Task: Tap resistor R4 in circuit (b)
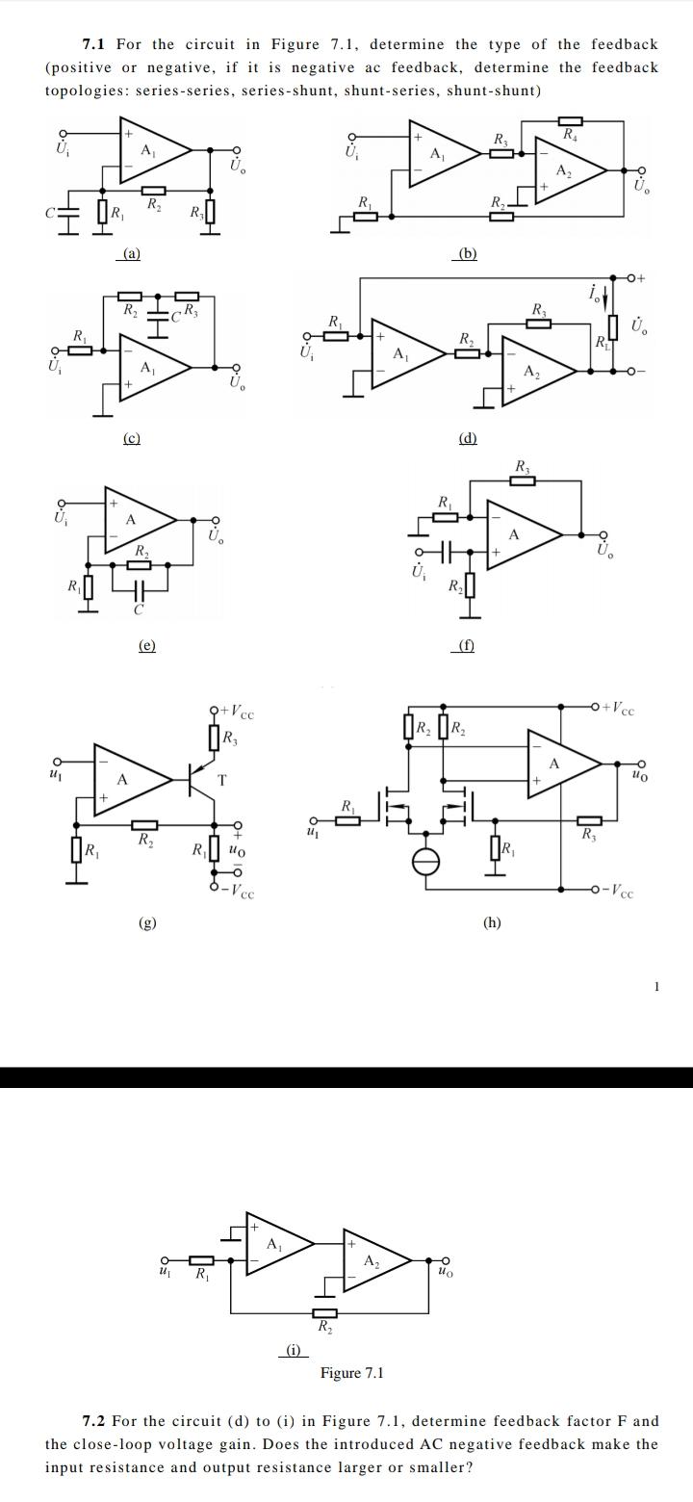[571, 120]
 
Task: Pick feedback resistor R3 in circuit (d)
[538, 323]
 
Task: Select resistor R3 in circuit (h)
[589, 820]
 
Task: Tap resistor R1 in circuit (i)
[201, 1259]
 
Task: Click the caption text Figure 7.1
[351, 1372]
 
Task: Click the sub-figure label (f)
[465, 646]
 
